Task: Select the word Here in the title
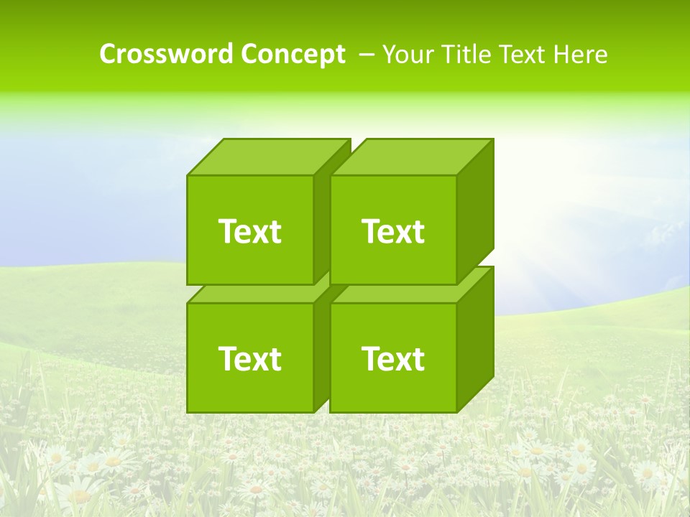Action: tap(583, 54)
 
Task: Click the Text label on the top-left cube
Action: tap(249, 231)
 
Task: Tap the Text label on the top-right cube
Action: tap(393, 231)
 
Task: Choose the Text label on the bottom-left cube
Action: tap(249, 358)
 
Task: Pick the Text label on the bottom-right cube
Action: tap(393, 358)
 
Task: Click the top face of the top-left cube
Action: tap(267, 157)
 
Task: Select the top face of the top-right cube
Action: tap(411, 157)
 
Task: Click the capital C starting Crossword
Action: tap(107, 54)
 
